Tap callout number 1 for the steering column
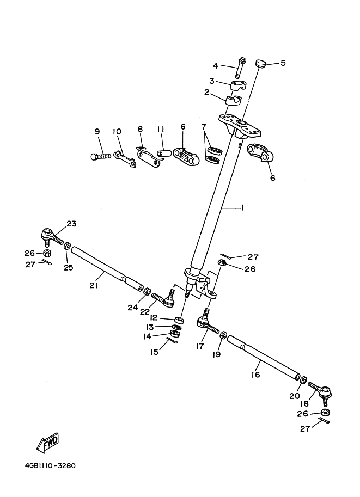(242, 207)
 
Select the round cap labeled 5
(261, 64)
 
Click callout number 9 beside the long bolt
(97, 131)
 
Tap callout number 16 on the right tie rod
(256, 375)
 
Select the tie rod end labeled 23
(48, 236)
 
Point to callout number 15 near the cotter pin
(155, 352)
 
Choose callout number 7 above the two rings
(204, 127)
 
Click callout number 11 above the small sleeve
(161, 130)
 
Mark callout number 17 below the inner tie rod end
(200, 345)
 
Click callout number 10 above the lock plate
(117, 131)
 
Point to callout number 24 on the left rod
(133, 308)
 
